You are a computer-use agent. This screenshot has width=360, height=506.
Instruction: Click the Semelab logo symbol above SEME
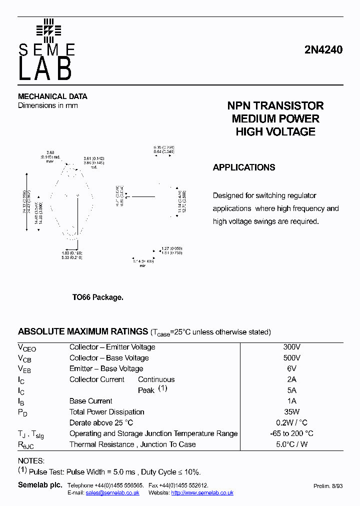coord(48,29)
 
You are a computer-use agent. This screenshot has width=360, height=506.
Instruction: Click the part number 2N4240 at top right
coord(323,50)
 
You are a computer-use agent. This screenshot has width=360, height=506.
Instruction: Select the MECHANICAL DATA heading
coord(52,96)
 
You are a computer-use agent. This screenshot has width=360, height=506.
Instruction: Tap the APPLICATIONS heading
coord(244,167)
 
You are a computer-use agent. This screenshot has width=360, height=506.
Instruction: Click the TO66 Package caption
coord(97,297)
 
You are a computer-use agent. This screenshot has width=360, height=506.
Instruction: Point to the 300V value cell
coord(291,347)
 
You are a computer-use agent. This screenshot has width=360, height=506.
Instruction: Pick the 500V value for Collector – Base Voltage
coord(291,358)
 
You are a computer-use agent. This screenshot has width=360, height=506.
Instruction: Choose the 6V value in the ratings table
coord(291,368)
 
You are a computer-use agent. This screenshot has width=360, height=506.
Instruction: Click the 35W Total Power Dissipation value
coord(291,412)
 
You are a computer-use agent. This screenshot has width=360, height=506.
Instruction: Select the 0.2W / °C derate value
coord(291,422)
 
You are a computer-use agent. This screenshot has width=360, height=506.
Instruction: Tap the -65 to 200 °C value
coord(291,433)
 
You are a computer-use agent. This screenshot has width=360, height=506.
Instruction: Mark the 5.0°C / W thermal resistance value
coord(291,444)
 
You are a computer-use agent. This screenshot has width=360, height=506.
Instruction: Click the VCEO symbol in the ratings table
coord(27,348)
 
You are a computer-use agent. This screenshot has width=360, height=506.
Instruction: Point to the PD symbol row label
coord(23,412)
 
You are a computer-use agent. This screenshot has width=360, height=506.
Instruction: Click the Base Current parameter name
coord(90,401)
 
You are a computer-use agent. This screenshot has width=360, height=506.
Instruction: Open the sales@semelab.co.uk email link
coord(112,493)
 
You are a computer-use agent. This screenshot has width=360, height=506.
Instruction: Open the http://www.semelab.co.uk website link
coord(202,493)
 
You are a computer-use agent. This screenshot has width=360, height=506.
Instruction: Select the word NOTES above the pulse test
coord(31,461)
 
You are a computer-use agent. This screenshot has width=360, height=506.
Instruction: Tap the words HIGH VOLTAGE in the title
coord(275,132)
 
